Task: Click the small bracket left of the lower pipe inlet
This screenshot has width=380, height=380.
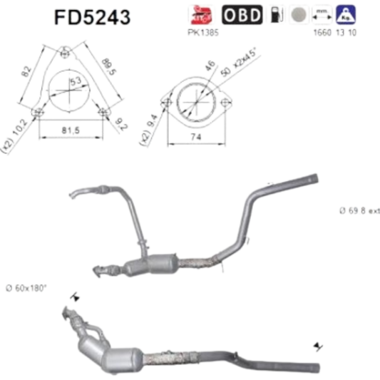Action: [73, 294]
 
